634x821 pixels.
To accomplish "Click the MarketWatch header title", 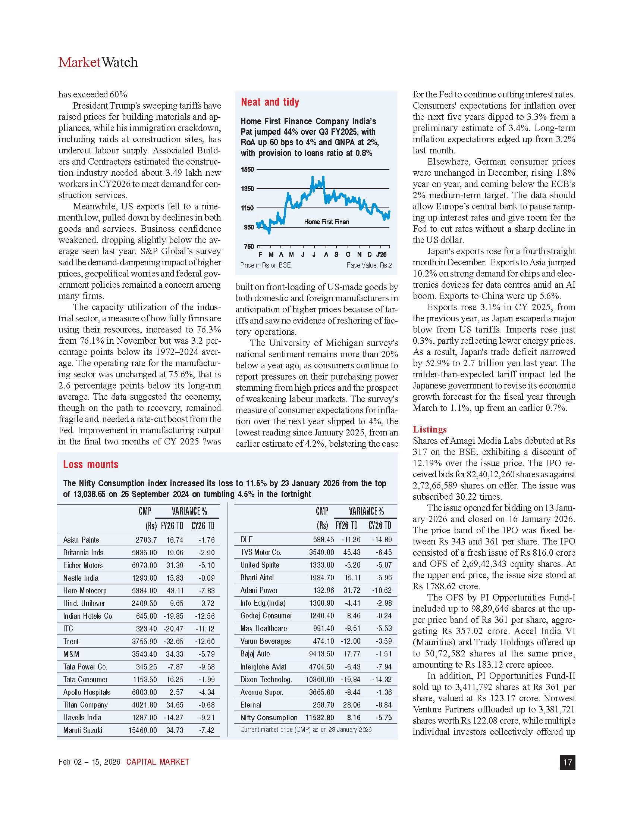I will pyautogui.click(x=98, y=62).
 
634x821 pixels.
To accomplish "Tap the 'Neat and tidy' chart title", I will pyautogui.click(x=270, y=102).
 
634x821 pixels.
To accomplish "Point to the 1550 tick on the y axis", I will pyautogui.click(x=248, y=169).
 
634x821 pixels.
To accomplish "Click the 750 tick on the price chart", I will pyautogui.click(x=249, y=247).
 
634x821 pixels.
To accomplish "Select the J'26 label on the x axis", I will pyautogui.click(x=381, y=255).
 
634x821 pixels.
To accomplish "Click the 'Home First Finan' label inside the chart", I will pyautogui.click(x=326, y=222).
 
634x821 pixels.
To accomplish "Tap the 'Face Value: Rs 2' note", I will pyautogui.click(x=369, y=265).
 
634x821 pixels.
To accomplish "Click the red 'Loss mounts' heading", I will pyautogui.click(x=91, y=464).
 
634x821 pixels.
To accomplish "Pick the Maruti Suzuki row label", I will pyautogui.click(x=83, y=730).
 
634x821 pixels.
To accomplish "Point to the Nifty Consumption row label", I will pyautogui.click(x=269, y=718).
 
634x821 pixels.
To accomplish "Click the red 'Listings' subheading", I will pyautogui.click(x=430, y=429).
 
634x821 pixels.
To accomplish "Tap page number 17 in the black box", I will pyautogui.click(x=567, y=762).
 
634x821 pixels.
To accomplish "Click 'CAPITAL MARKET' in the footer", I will pyautogui.click(x=158, y=762).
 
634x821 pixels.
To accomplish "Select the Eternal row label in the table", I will pyautogui.click(x=251, y=705).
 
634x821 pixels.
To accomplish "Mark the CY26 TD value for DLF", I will pyautogui.click(x=382, y=540).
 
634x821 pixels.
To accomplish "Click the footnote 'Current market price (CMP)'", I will pyautogui.click(x=306, y=730).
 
